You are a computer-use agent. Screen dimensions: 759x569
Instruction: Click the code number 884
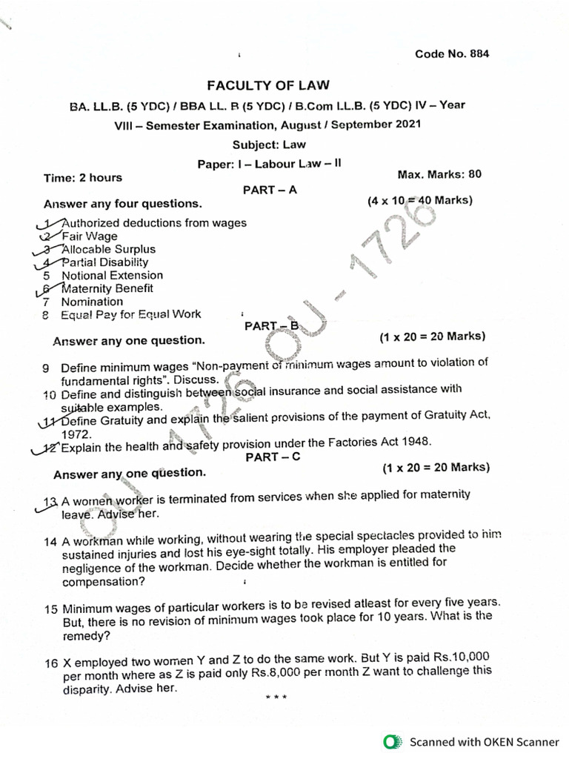[479, 54]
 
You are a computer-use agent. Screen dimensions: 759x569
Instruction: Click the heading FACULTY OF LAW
[268, 85]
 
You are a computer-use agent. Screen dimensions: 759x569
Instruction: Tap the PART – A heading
[270, 190]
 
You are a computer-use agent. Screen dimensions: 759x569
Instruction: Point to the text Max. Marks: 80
[439, 175]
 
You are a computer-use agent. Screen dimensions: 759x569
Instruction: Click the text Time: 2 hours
[83, 177]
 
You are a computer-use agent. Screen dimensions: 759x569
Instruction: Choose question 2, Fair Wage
[90, 236]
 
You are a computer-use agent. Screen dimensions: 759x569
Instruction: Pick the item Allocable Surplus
[108, 249]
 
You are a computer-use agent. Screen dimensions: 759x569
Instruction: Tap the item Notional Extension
[112, 275]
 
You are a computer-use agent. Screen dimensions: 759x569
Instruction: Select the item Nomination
[92, 302]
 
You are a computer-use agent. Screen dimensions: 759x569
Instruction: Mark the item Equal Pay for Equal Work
[130, 314]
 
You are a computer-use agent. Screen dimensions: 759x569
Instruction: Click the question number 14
[50, 542]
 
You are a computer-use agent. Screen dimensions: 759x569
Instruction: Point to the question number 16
[50, 663]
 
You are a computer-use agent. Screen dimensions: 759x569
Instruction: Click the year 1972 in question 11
[76, 434]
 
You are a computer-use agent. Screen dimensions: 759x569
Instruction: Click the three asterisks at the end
[275, 697]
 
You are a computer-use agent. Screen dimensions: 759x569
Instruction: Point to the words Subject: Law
[268, 145]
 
